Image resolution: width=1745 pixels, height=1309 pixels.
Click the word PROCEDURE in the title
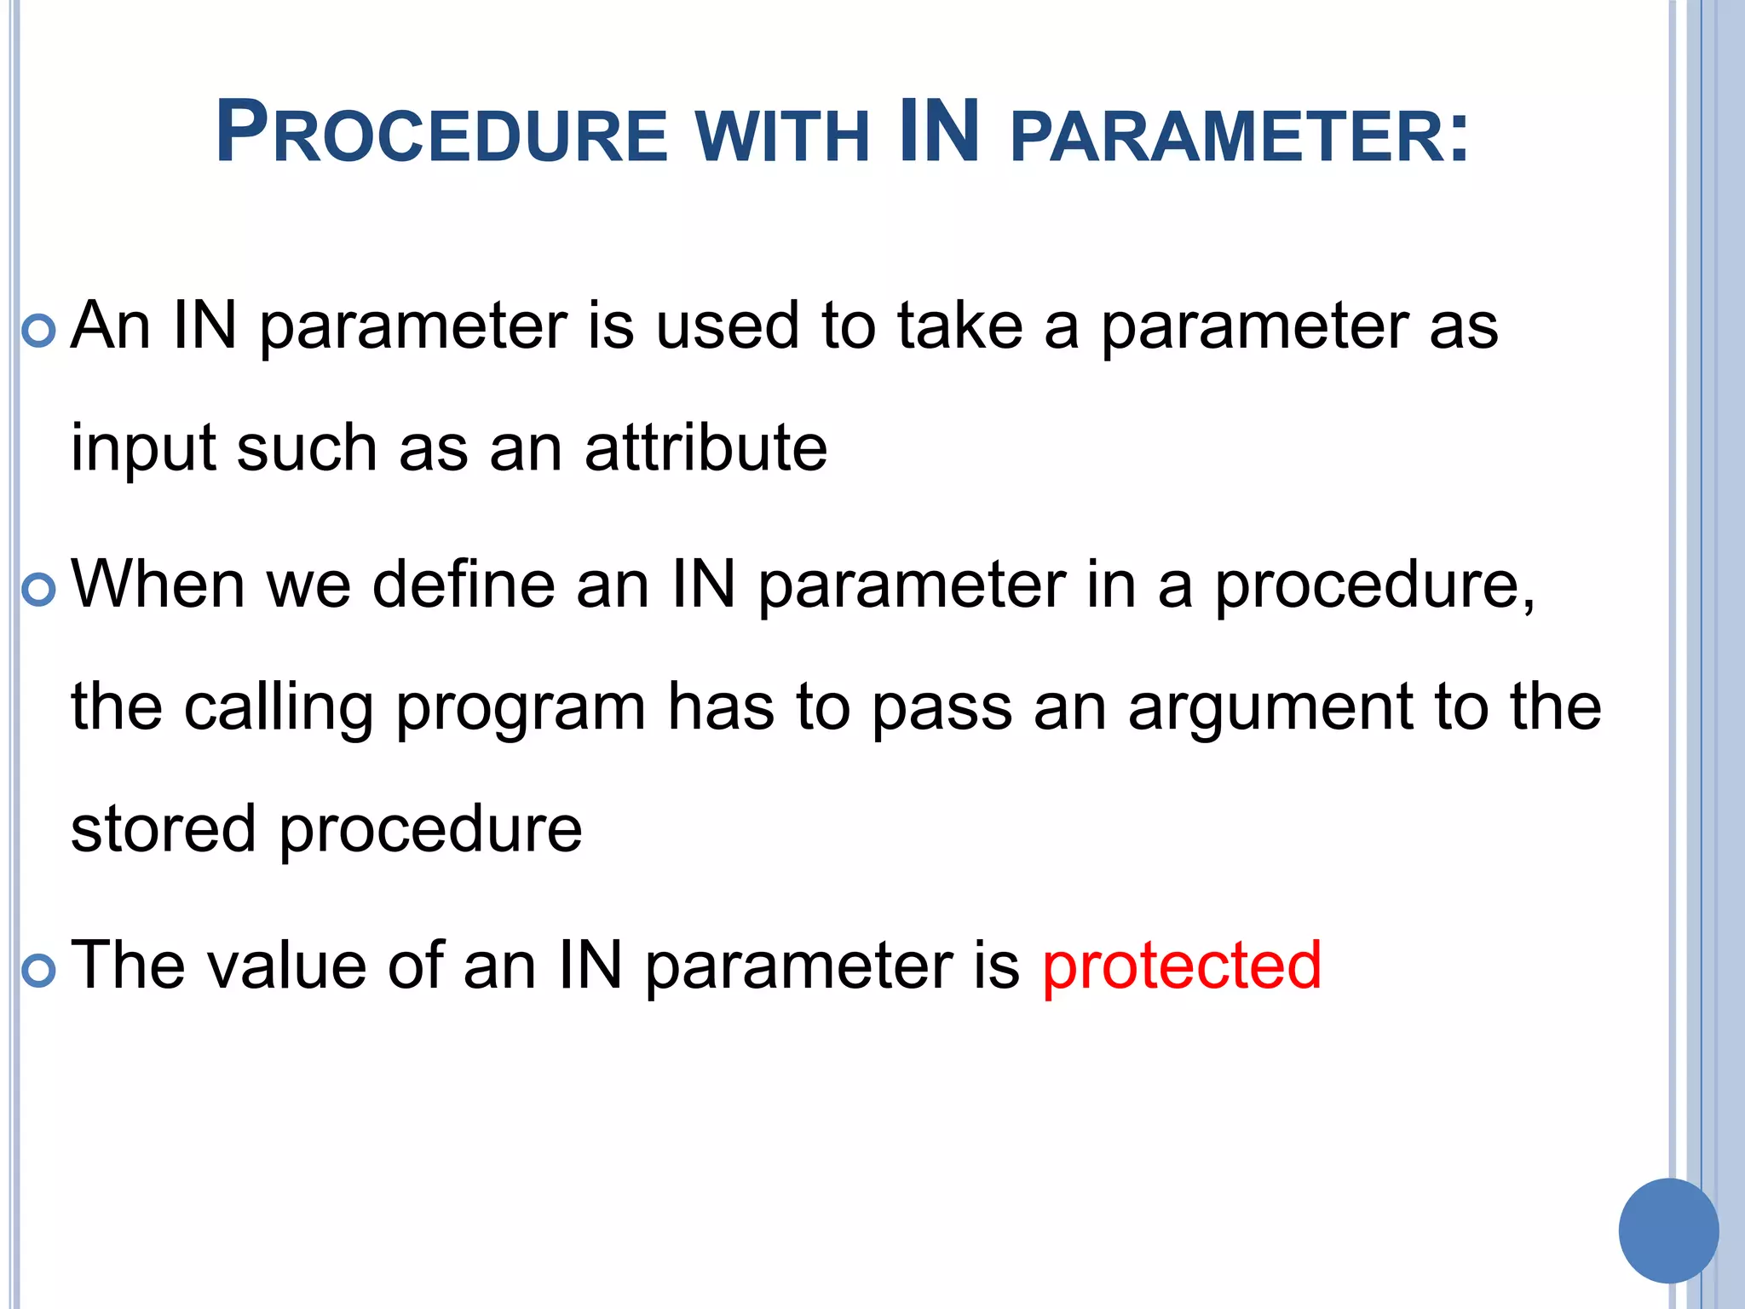click(441, 134)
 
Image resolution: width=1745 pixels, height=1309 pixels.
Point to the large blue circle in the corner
click(1668, 1231)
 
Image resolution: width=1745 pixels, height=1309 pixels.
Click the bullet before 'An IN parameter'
click(38, 331)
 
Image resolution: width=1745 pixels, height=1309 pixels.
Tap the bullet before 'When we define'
click(38, 589)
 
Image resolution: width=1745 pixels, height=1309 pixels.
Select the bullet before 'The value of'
click(38, 970)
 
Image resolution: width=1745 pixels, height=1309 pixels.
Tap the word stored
click(163, 829)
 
